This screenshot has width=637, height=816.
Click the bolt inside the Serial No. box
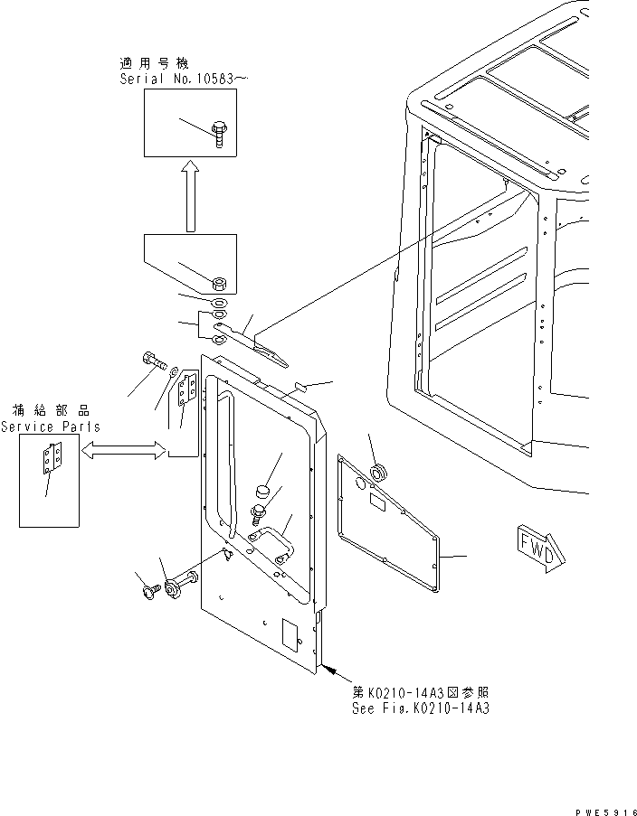pyautogui.click(x=217, y=132)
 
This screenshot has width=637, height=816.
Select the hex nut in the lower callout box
pyautogui.click(x=218, y=281)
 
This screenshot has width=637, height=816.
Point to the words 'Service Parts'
pyautogui.click(x=51, y=427)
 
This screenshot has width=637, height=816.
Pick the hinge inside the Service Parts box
pyautogui.click(x=50, y=460)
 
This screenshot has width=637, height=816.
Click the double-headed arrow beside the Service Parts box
pyautogui.click(x=121, y=449)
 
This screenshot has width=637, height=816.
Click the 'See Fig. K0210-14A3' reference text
pyautogui.click(x=421, y=709)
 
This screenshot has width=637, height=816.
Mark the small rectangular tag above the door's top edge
pyautogui.click(x=301, y=387)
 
